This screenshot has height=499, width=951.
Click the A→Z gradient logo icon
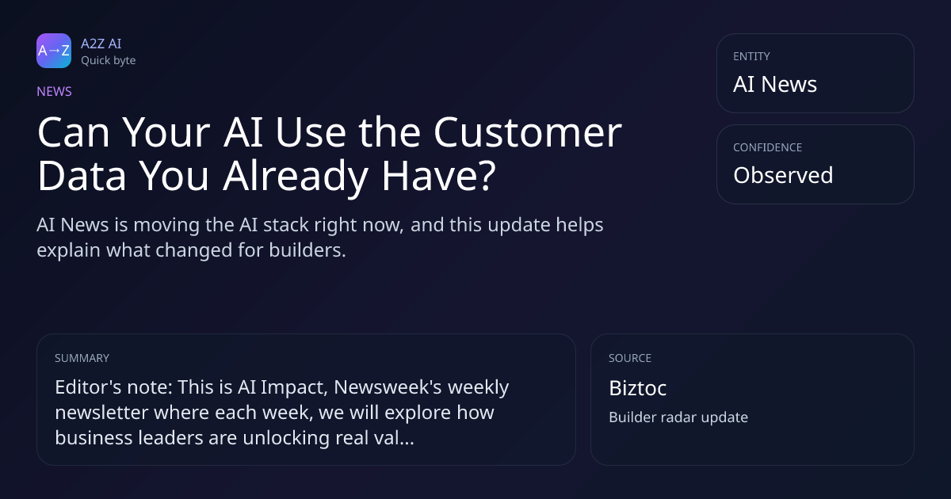[x=54, y=51]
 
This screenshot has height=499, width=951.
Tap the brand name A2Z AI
[x=101, y=44]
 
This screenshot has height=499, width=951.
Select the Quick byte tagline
[x=109, y=61]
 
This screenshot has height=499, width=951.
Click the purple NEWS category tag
[x=55, y=91]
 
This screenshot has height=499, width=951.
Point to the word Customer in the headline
[x=528, y=132]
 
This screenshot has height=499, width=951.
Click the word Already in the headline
[x=296, y=176]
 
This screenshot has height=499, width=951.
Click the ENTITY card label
[x=751, y=56]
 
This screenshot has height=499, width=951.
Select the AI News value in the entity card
[x=775, y=84]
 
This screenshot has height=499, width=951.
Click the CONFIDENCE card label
[x=768, y=147]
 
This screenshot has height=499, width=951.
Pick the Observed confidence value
[x=783, y=175]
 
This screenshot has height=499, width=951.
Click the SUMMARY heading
[x=82, y=358]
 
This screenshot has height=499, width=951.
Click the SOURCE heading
[x=630, y=358]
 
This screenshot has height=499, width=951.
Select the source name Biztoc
[x=638, y=388]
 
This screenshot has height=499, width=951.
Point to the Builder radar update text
[x=678, y=417]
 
